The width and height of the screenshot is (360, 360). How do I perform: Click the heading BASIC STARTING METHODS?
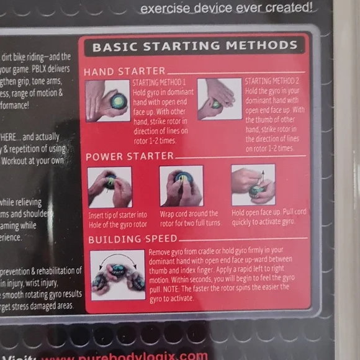point(194,47)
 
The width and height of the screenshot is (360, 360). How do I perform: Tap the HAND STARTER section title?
point(124,71)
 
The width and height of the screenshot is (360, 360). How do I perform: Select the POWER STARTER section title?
point(129,156)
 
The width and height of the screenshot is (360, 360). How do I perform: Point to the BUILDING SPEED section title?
point(132,239)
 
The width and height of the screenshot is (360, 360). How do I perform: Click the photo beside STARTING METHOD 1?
point(108,99)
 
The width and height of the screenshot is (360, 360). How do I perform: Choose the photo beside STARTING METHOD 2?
point(220,99)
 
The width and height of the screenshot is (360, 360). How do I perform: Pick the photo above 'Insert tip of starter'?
point(110,186)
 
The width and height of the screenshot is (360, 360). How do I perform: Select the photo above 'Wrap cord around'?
point(181,186)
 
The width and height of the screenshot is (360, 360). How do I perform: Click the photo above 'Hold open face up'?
point(253,185)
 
